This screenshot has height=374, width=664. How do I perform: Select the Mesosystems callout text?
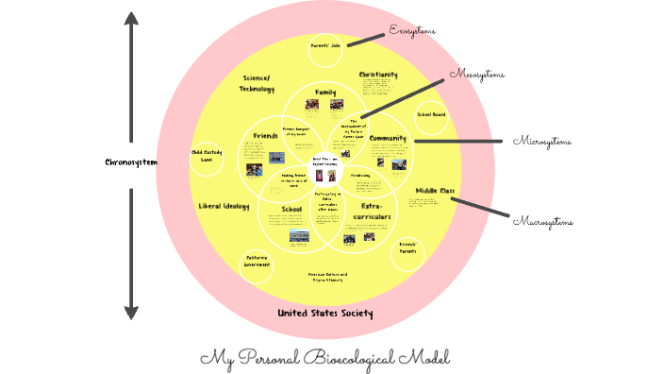pyautogui.click(x=477, y=74)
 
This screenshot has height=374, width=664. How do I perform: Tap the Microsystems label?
pyautogui.click(x=542, y=142)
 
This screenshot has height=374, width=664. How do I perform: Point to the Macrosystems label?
pyautogui.click(x=543, y=221)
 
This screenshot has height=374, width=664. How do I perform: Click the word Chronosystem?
pyautogui.click(x=131, y=161)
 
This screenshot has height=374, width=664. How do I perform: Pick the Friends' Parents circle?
pyautogui.click(x=407, y=250)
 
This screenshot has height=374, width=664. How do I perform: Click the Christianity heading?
pyautogui.click(x=378, y=74)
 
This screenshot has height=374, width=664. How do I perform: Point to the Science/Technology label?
pyautogui.click(x=257, y=82)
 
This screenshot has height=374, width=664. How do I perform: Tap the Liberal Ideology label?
pyautogui.click(x=223, y=205)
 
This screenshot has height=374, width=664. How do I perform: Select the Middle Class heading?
pyautogui.click(x=435, y=190)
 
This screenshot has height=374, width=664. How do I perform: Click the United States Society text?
pyautogui.click(x=325, y=313)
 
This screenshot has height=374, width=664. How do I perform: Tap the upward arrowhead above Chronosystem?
pyautogui.click(x=131, y=18)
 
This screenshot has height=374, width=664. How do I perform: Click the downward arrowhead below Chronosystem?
pyautogui.click(x=131, y=312)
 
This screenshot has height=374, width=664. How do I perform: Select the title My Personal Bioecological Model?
pyautogui.click(x=325, y=358)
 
